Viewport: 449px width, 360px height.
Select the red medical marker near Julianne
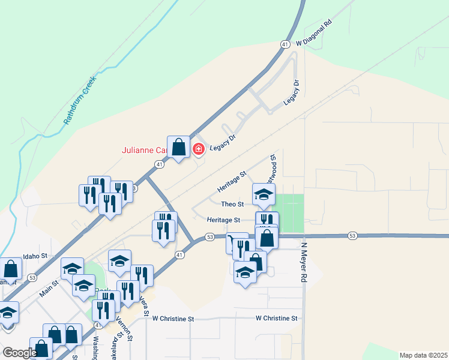[x=198, y=148]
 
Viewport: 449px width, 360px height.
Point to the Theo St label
[x=232, y=205]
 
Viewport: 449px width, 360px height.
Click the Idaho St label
[x=35, y=256]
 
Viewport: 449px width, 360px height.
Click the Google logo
[x=19, y=352]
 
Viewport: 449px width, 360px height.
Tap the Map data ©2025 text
[x=423, y=355]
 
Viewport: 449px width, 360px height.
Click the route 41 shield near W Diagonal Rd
[x=285, y=44]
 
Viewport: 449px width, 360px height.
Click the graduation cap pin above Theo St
[x=263, y=194]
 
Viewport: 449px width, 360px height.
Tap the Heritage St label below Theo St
[x=224, y=220]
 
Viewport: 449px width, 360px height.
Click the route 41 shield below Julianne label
[x=159, y=164]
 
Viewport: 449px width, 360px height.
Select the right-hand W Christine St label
[x=276, y=318]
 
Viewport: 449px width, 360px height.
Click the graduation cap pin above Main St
[x=72, y=268]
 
